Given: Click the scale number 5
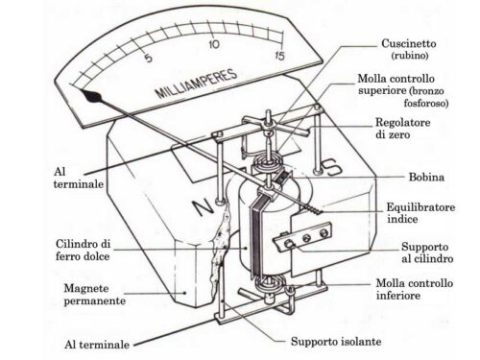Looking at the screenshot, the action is pos(148,59).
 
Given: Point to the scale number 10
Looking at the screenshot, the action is pos(214,44).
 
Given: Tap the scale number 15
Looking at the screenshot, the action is pos(279,56).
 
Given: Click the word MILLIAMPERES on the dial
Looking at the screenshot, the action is pos(196,84).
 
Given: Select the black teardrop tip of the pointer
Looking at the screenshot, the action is pos(91,95).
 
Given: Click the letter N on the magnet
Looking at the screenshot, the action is pos(203,207).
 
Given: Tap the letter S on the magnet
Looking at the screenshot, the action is pos(332,167).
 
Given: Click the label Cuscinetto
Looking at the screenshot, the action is pos(409,43).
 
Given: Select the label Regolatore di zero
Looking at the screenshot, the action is pos(402,128).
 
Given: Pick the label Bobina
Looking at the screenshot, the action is pos(426,177).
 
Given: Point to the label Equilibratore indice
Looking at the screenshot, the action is pos(420,213).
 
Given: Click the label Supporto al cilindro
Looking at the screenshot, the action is pos(427,252).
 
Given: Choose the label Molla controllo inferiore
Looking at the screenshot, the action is pos(415,289).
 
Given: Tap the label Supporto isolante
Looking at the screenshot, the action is pos(336,342).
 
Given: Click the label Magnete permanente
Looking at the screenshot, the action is pos(94,295).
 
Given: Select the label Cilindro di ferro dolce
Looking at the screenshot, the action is pos(83,250).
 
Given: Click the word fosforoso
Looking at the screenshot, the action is pos(426,104).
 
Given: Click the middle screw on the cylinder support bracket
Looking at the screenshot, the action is pos(306,238).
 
